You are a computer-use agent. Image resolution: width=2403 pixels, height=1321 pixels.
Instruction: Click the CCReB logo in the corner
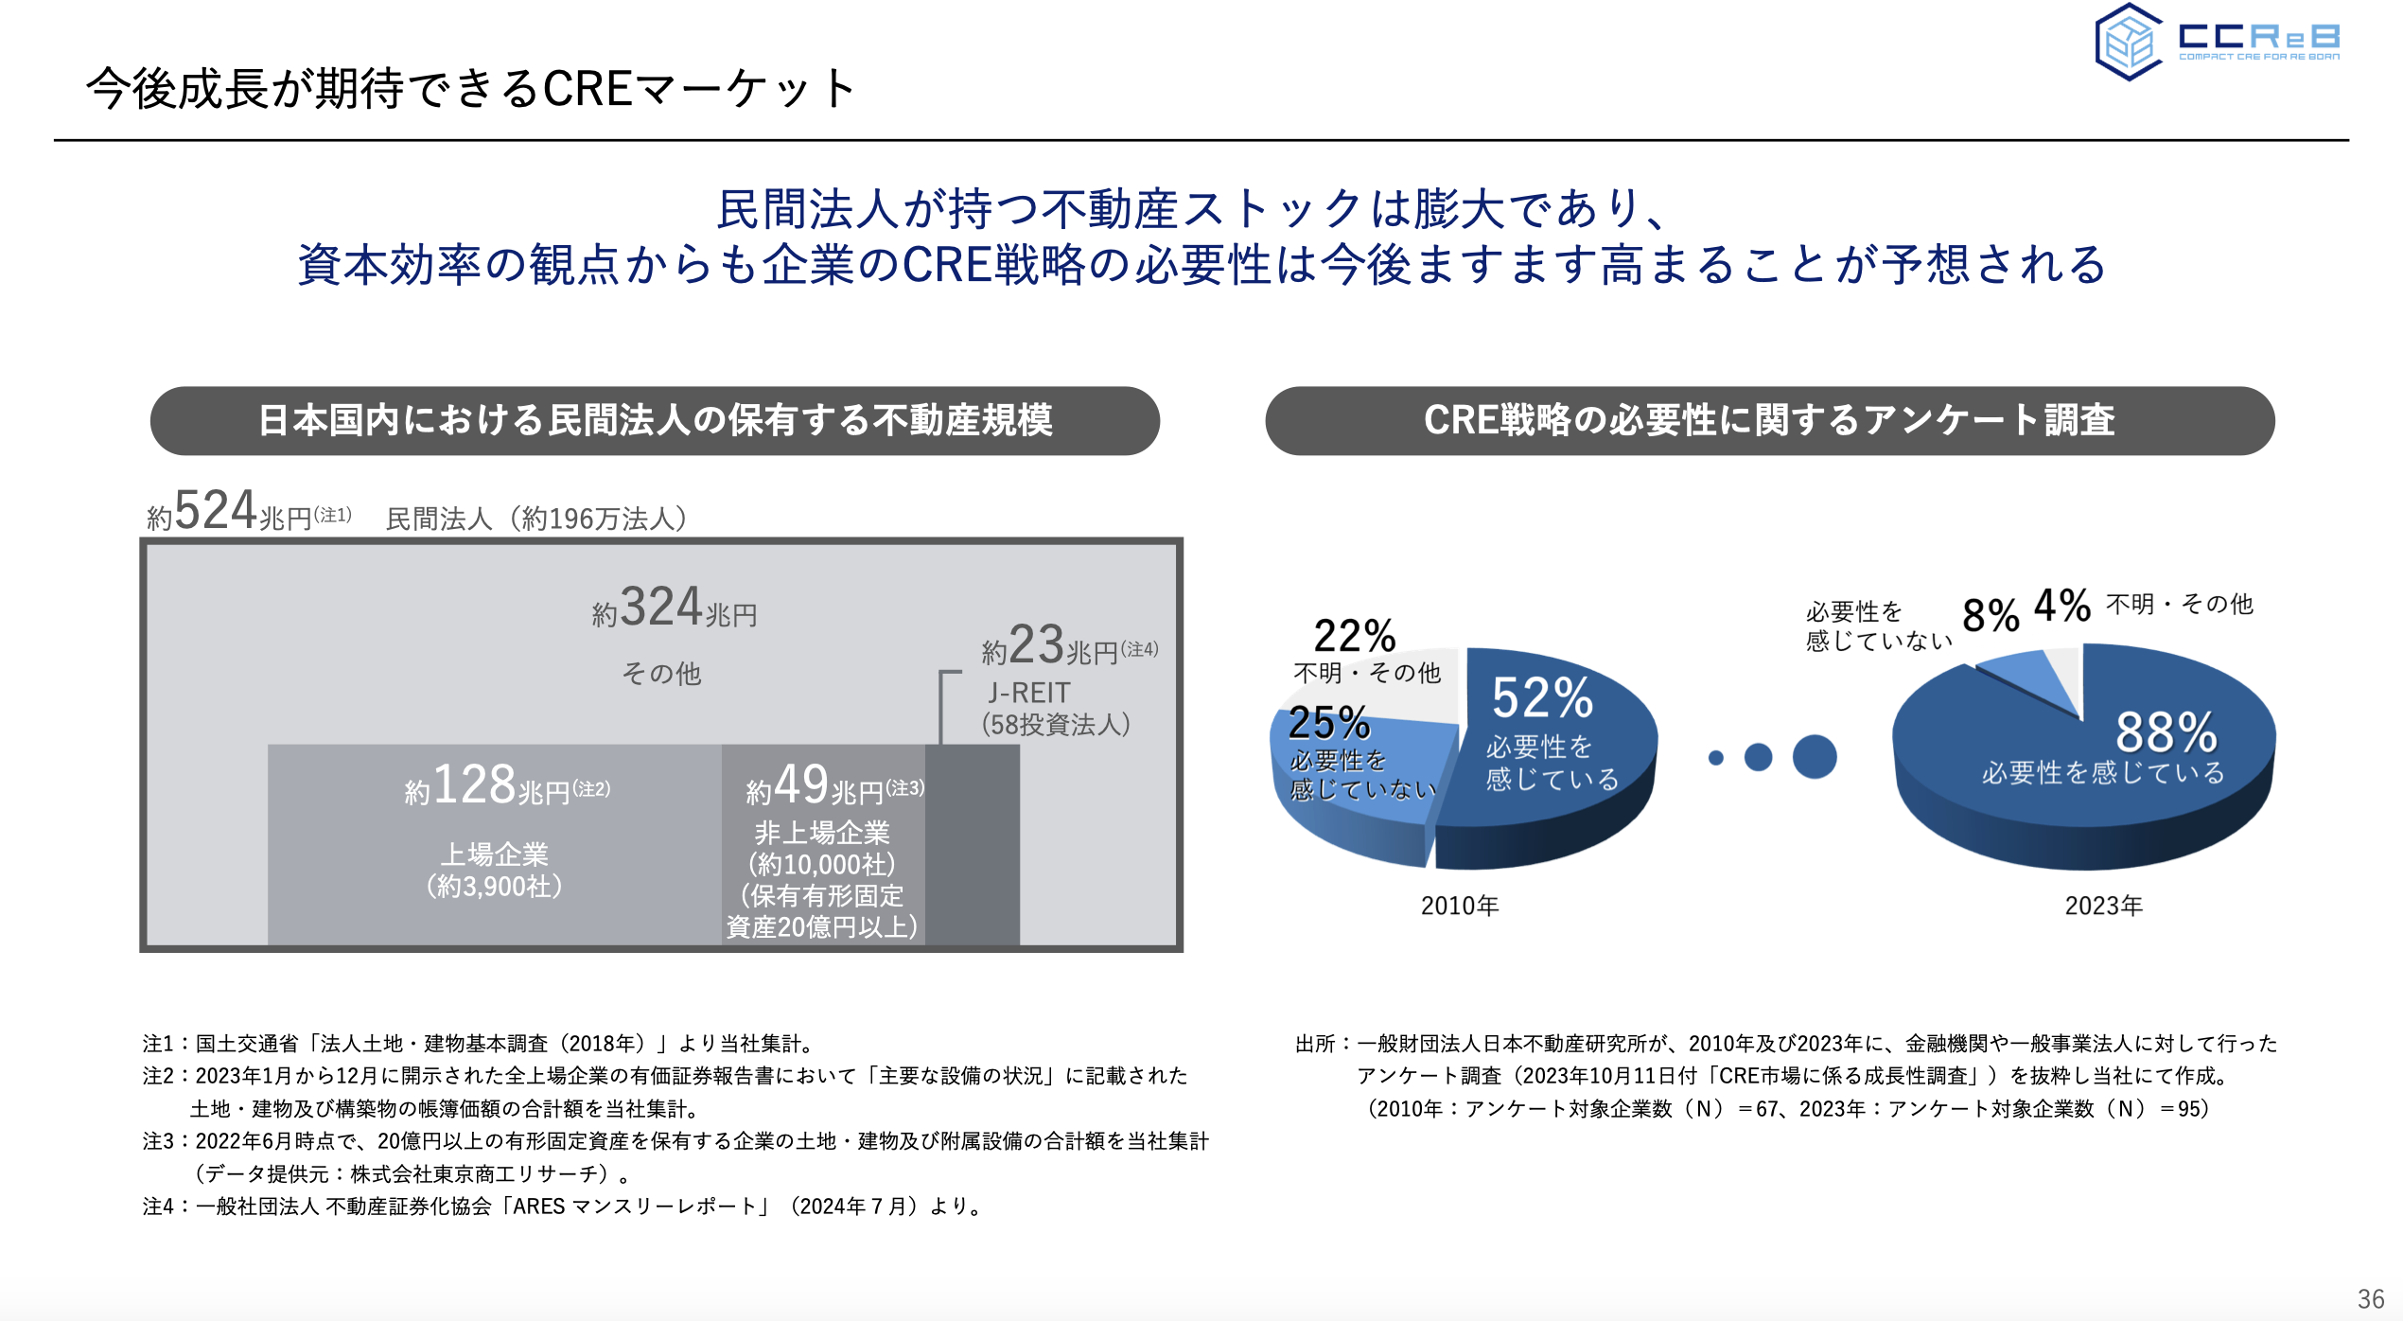coord(2217,42)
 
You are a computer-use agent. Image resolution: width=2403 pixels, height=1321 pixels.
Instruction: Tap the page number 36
coord(2370,1298)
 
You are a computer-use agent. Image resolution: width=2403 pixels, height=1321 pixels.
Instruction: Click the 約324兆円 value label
coord(674,608)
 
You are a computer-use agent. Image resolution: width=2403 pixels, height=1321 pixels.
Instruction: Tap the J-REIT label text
coord(1028,693)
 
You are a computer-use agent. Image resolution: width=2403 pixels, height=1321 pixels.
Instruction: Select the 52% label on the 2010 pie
coord(1542,698)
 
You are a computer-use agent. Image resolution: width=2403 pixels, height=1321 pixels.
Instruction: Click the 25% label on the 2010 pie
coord(1329,723)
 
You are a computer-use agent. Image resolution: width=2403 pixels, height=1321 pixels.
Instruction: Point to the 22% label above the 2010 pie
coord(1355,636)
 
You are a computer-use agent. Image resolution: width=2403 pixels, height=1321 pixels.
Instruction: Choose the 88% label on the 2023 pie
coord(2166,732)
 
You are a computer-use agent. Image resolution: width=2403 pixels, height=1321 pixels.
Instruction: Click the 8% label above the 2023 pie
coord(1991,616)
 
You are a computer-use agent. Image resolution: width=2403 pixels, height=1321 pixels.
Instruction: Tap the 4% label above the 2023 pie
coord(2062,606)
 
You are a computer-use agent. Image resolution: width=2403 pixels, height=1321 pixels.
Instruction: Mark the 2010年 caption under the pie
coord(1460,907)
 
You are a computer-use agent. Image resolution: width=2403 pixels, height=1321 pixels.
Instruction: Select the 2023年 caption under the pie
coord(2103,907)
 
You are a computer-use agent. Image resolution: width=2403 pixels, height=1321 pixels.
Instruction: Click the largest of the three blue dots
coord(1814,757)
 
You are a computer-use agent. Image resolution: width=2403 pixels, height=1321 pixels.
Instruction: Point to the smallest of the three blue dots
coord(1716,758)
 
